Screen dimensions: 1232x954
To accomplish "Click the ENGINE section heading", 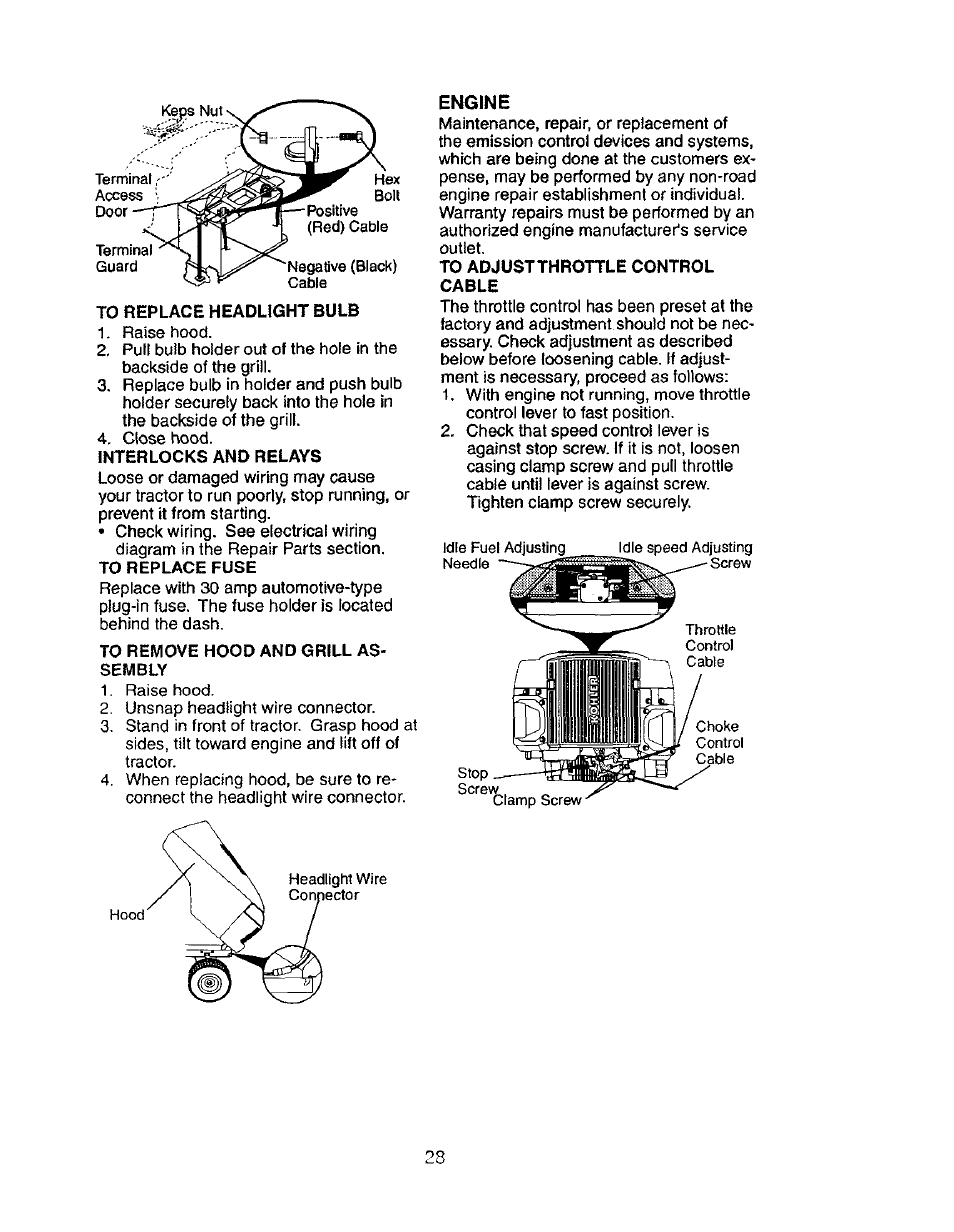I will (x=475, y=102).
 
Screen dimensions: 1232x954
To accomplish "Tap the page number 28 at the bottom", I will (x=432, y=1157).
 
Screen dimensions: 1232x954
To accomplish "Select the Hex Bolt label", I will (x=386, y=188).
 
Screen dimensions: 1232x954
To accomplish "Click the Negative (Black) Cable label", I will (x=342, y=274).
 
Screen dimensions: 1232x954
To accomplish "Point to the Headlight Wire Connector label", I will (x=337, y=887).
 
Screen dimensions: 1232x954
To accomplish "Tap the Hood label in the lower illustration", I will (x=128, y=915).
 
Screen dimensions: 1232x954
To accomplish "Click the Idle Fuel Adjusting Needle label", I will (x=503, y=555).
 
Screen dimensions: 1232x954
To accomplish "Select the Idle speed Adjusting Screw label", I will (x=687, y=555).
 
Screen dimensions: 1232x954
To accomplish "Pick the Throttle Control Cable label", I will (x=710, y=646).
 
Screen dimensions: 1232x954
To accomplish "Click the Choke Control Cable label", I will (x=717, y=743).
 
